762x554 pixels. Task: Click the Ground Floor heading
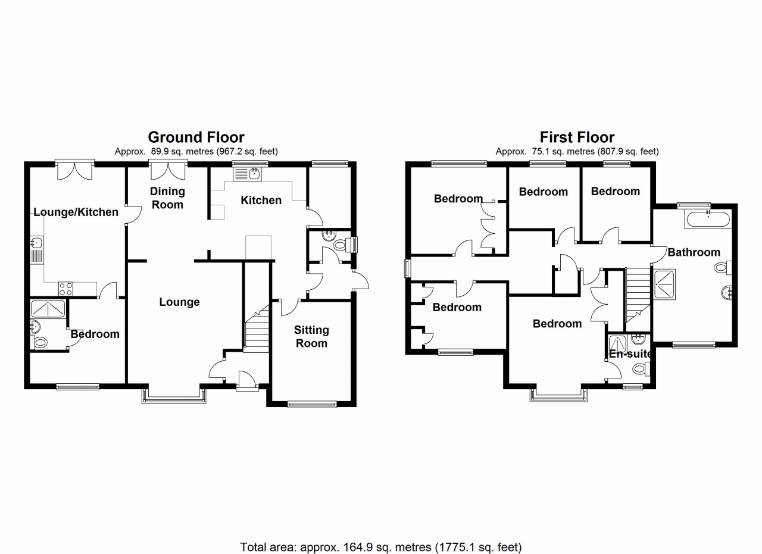pyautogui.click(x=196, y=137)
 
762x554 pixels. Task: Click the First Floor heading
pyautogui.click(x=577, y=137)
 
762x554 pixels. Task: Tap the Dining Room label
pyautogui.click(x=167, y=198)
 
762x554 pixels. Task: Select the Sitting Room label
pyautogui.click(x=311, y=336)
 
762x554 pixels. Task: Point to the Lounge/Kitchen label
pyautogui.click(x=76, y=212)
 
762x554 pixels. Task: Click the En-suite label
pyautogui.click(x=630, y=354)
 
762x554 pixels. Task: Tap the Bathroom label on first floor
pyautogui.click(x=694, y=252)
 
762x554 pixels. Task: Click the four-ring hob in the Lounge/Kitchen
pyautogui.click(x=65, y=289)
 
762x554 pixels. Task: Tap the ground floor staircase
pyautogui.click(x=257, y=330)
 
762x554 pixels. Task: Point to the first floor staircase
pyautogui.click(x=638, y=298)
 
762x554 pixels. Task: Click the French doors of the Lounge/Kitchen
pyautogui.click(x=74, y=171)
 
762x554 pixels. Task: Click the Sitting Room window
pyautogui.click(x=312, y=404)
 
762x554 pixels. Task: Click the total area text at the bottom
pyautogui.click(x=381, y=546)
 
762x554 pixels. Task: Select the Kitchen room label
pyautogui.click(x=261, y=201)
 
